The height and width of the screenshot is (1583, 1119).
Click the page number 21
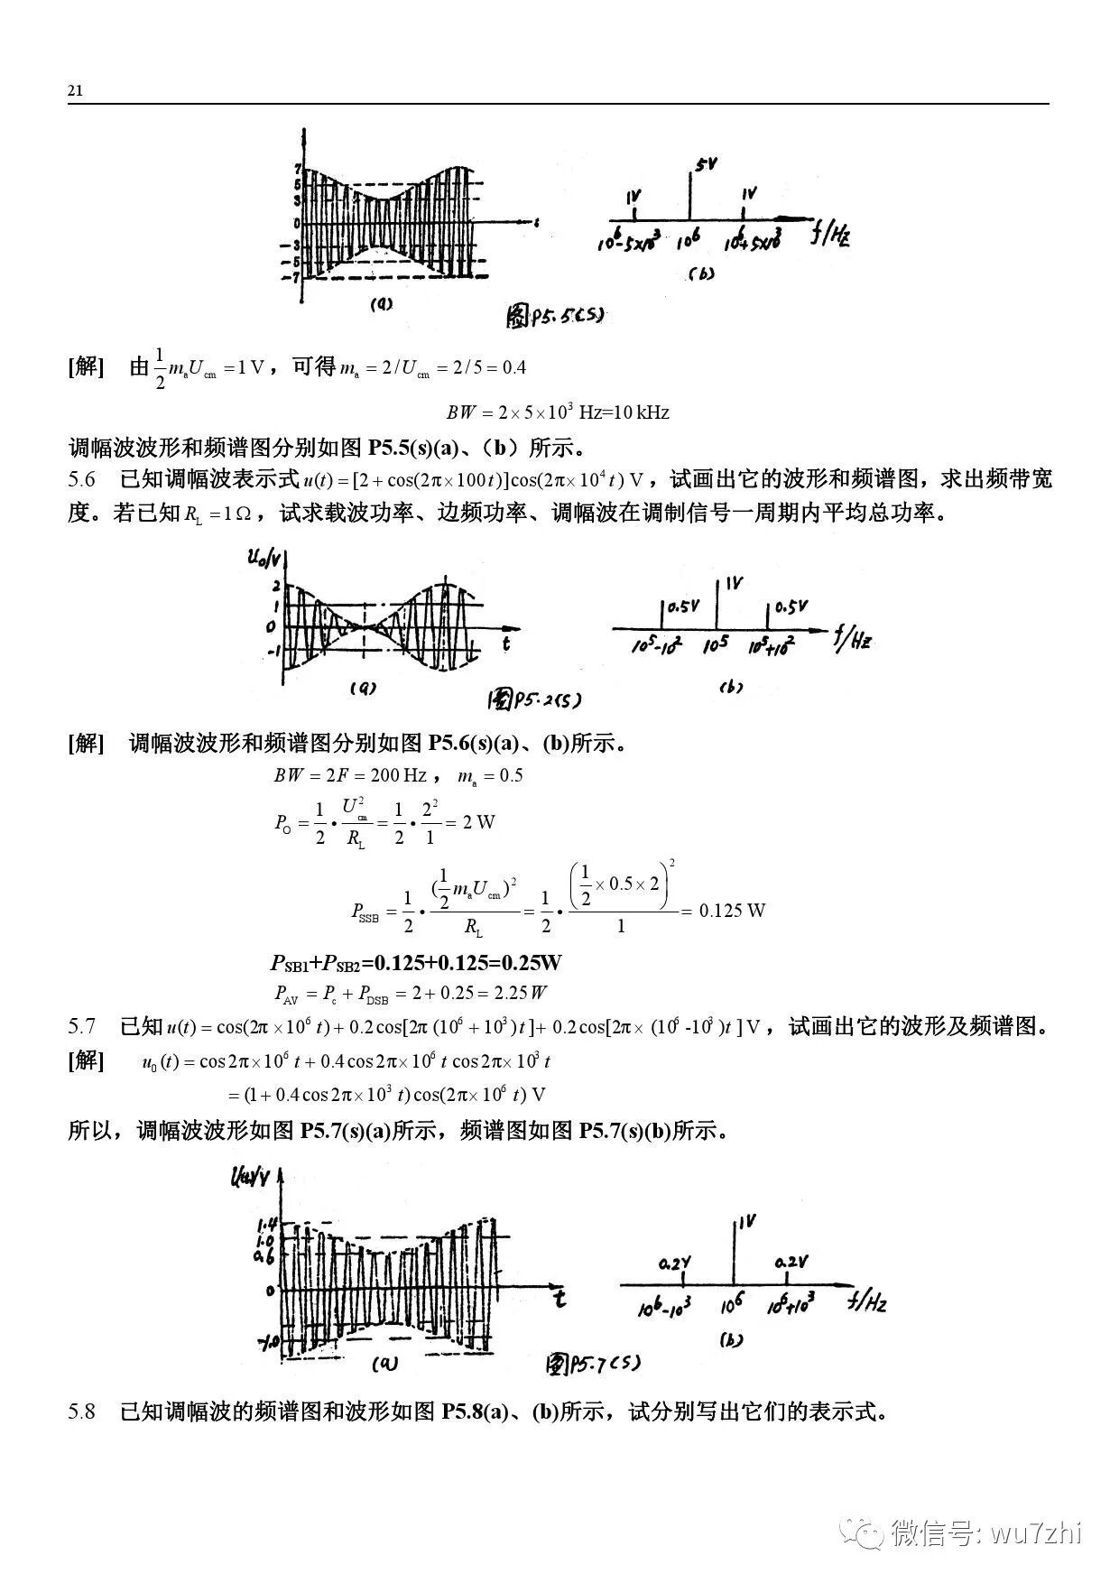click(75, 91)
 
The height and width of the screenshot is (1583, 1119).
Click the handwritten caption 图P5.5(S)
click(554, 315)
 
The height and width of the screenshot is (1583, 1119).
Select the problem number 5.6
click(81, 478)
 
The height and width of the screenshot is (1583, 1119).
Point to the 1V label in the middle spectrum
click(733, 584)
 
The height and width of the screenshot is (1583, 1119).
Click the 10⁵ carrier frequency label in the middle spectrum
click(717, 645)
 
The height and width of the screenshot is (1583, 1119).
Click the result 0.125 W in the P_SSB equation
click(732, 910)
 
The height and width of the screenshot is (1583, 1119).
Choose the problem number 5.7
click(81, 1026)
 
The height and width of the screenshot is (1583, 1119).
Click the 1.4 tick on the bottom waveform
click(267, 1225)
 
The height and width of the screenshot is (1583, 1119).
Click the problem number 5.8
click(81, 1412)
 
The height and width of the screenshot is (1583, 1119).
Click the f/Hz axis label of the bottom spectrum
click(867, 1301)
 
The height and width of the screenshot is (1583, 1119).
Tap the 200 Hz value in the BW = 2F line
click(395, 775)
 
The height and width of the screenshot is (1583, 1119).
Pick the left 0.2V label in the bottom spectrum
click(674, 1264)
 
